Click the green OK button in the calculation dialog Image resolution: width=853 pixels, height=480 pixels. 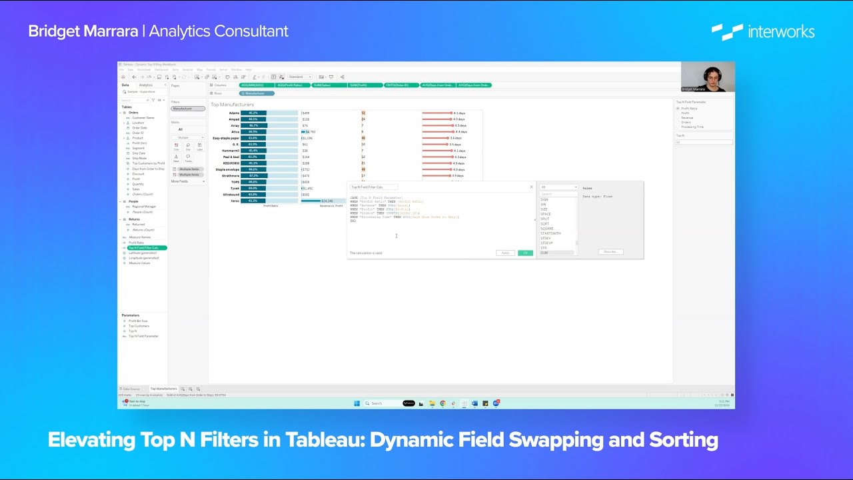pyautogui.click(x=525, y=253)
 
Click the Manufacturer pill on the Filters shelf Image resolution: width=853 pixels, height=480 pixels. pyautogui.click(x=188, y=108)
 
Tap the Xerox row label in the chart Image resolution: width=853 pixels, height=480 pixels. pyautogui.click(x=235, y=201)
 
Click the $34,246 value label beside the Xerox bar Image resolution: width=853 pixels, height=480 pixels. pyautogui.click(x=327, y=201)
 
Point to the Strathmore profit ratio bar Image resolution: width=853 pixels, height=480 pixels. pyautogui.click(x=254, y=175)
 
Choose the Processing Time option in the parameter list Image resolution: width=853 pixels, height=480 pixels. pyautogui.click(x=692, y=127)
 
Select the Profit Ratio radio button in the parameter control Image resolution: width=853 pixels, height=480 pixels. pyautogui.click(x=678, y=108)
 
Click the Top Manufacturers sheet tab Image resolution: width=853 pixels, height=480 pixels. pyautogui.click(x=163, y=389)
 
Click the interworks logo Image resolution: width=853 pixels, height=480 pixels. pyautogui.click(x=763, y=31)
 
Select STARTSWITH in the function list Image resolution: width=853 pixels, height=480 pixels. pyautogui.click(x=551, y=233)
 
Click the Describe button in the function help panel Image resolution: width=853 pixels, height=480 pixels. pyautogui.click(x=609, y=252)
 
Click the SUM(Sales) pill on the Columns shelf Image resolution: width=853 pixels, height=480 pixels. pyautogui.click(x=327, y=85)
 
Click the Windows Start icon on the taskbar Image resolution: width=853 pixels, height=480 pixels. pyautogui.click(x=356, y=403)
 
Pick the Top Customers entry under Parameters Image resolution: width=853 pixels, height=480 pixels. pyautogui.click(x=139, y=326)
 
